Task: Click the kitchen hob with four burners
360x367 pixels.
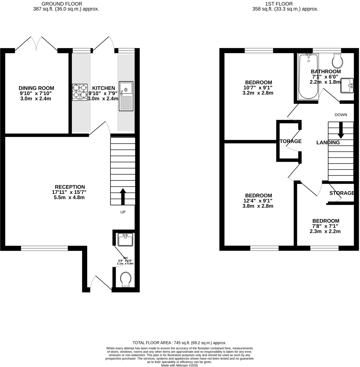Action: click(x=80, y=92)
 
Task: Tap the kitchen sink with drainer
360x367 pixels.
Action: click(x=126, y=96)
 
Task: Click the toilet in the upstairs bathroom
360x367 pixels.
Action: click(x=337, y=61)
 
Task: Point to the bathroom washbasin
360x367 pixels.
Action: click(x=347, y=86)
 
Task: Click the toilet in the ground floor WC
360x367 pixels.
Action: click(x=126, y=280)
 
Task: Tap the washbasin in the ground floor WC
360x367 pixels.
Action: click(x=125, y=240)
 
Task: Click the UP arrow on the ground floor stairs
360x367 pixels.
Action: click(x=123, y=197)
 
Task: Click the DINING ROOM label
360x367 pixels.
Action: click(x=36, y=88)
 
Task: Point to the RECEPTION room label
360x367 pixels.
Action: click(x=70, y=187)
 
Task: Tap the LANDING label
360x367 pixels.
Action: click(x=328, y=142)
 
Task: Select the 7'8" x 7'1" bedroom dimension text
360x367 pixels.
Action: click(x=325, y=226)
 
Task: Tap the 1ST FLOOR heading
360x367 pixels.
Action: click(x=279, y=4)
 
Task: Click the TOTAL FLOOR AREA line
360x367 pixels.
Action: click(x=179, y=343)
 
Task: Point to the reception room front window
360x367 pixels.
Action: click(x=44, y=248)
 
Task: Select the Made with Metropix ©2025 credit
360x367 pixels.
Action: click(x=179, y=365)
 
